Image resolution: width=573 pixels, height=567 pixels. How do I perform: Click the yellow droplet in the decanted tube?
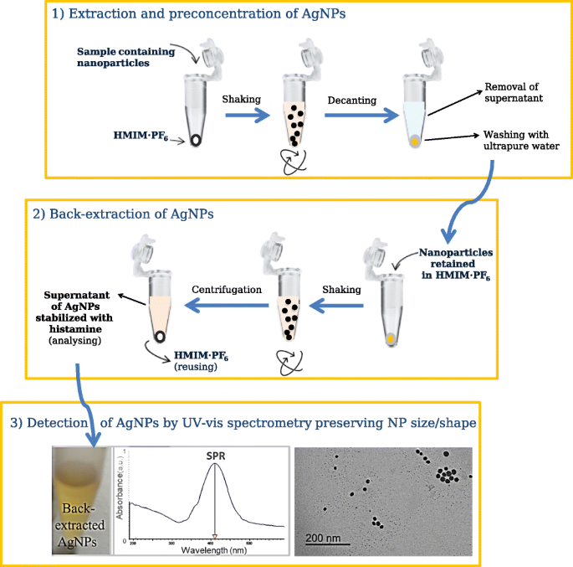[x=415, y=143]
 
